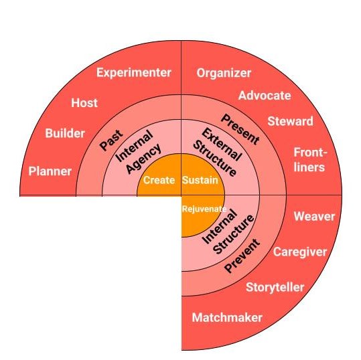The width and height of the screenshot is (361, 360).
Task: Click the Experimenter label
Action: click(134, 73)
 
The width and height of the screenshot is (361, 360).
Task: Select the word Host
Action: click(84, 103)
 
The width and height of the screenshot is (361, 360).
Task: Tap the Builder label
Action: click(65, 133)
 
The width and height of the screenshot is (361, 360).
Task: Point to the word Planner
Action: click(50, 171)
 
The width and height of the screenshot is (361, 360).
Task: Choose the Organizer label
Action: click(224, 73)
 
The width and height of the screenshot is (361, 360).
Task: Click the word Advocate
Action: click(265, 96)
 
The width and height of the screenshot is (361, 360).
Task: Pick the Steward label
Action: click(290, 121)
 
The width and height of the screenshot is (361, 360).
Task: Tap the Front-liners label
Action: click(310, 160)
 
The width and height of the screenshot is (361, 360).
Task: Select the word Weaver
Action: click(314, 216)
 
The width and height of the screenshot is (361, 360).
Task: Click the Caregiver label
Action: click(300, 252)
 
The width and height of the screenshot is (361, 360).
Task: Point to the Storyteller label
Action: click(275, 288)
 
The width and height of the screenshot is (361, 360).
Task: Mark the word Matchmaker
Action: click(227, 318)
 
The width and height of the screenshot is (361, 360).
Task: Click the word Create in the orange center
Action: click(159, 180)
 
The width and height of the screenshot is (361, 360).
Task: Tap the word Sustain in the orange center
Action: click(200, 180)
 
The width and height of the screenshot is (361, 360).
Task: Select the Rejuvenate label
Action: click(204, 209)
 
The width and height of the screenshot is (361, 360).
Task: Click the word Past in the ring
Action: click(111, 141)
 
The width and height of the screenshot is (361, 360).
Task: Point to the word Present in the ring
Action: click(240, 130)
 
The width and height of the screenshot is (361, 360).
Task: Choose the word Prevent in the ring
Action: click(242, 256)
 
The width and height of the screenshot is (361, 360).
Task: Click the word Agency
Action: click(143, 159)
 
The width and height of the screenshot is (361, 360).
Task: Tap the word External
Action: click(222, 145)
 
